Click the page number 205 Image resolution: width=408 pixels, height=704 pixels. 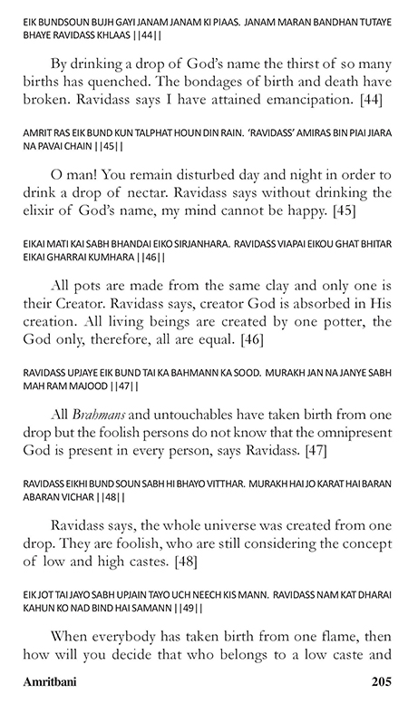click(384, 680)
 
